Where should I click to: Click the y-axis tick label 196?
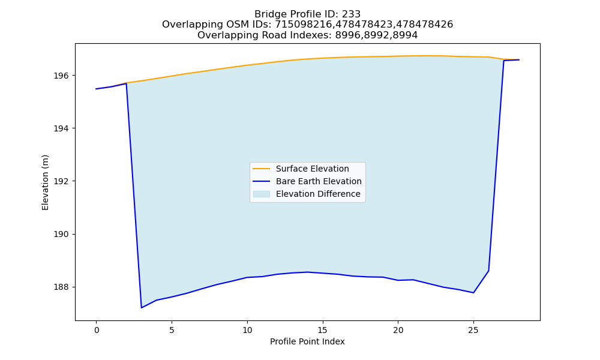[x=61, y=76]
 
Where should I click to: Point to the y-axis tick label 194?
[x=61, y=128]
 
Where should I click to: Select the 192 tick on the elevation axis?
[x=61, y=181]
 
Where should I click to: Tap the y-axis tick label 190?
[x=61, y=234]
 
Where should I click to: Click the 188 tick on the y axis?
[x=61, y=287]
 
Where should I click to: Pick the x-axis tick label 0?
[x=97, y=330]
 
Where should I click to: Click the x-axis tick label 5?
[x=172, y=330]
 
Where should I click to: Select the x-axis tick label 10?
[x=247, y=330]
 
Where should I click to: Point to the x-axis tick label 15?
[x=323, y=330]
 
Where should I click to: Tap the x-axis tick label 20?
[x=398, y=330]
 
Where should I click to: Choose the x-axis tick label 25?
[x=473, y=330]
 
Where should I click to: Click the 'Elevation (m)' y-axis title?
[x=45, y=182]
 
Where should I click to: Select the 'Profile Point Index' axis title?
[x=307, y=341]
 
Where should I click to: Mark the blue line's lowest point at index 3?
[x=142, y=308]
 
